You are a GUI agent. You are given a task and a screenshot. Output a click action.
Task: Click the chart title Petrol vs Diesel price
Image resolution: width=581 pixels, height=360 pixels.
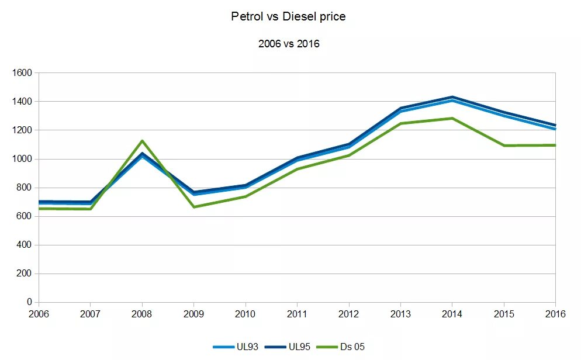click(288, 17)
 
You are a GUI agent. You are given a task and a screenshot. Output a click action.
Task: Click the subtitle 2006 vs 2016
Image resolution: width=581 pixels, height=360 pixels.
click(289, 44)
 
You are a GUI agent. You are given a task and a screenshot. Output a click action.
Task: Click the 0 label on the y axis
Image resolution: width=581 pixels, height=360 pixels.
click(29, 302)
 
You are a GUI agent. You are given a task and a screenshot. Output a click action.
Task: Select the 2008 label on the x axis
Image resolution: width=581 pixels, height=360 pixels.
click(142, 314)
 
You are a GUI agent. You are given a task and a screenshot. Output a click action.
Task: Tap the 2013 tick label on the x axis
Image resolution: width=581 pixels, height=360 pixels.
click(400, 314)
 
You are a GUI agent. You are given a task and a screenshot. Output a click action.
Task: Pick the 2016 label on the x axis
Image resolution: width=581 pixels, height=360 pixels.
click(555, 314)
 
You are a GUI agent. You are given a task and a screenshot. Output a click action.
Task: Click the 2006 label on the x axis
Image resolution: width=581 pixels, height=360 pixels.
click(39, 314)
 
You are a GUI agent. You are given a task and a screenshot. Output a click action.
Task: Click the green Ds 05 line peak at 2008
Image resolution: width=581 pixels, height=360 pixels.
click(142, 141)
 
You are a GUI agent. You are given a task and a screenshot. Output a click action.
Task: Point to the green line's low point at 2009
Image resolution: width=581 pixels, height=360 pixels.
click(193, 207)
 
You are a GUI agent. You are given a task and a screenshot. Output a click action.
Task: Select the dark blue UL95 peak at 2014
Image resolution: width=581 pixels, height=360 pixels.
click(452, 97)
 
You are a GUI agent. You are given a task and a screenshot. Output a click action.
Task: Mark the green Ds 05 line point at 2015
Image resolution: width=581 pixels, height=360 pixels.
click(504, 146)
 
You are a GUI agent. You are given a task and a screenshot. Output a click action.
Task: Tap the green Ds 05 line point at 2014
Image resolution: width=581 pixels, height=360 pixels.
click(452, 118)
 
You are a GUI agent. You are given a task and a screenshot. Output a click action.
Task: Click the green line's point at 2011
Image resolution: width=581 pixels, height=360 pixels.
click(297, 169)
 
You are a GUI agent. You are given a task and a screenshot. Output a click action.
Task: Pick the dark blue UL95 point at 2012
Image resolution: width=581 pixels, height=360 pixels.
click(349, 144)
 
